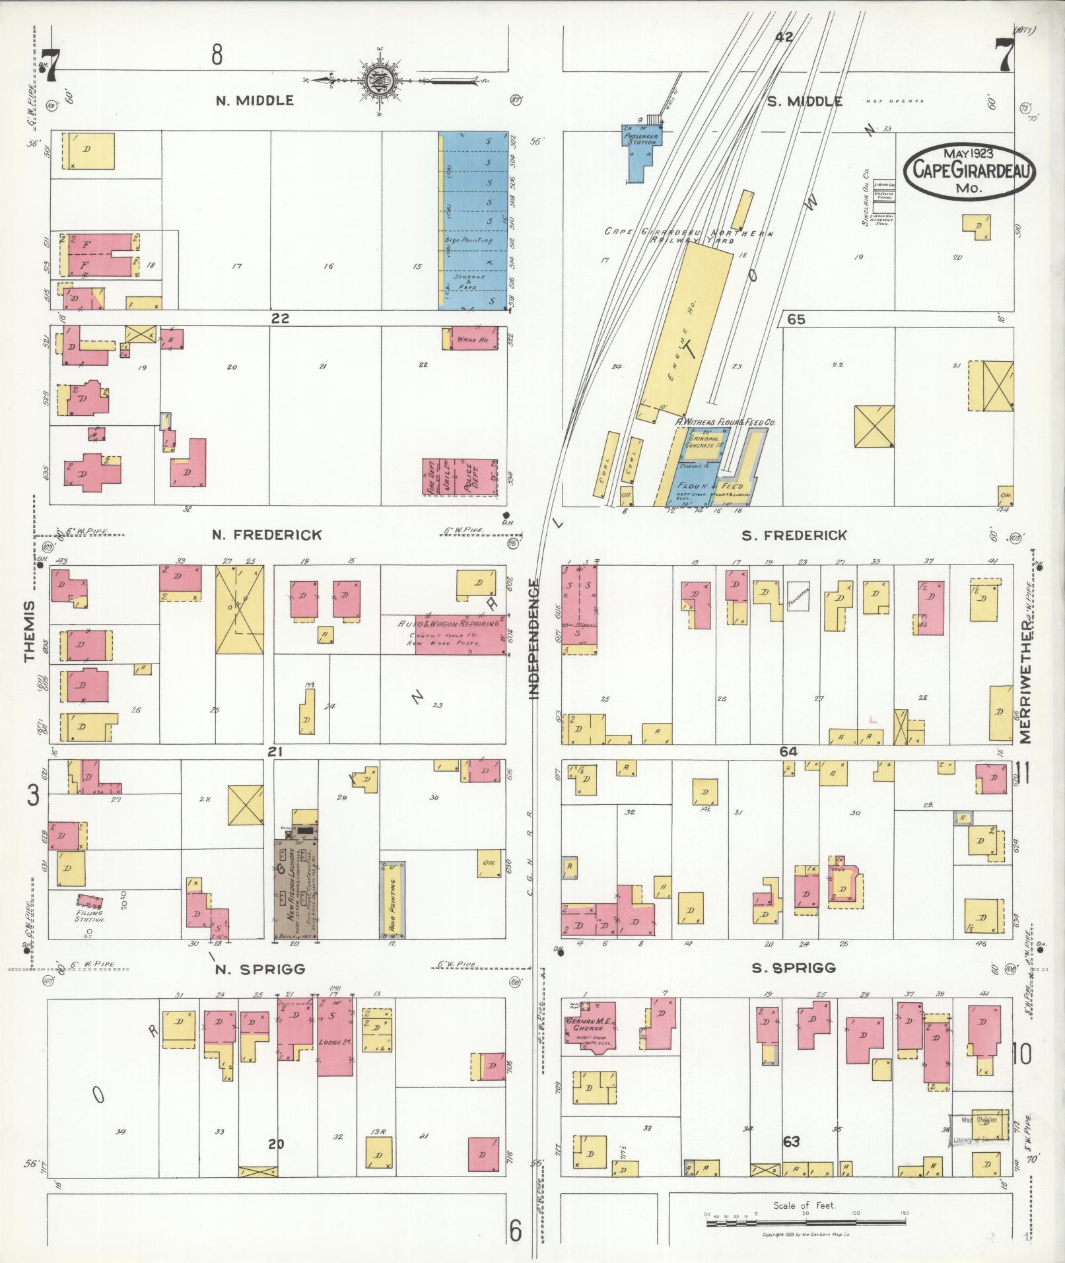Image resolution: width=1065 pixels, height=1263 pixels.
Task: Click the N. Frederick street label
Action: click(267, 535)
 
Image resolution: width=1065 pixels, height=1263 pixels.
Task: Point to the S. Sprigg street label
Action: click(793, 968)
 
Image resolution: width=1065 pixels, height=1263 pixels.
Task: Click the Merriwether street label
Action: click(1025, 680)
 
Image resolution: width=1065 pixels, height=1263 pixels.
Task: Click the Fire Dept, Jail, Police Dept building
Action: click(460, 477)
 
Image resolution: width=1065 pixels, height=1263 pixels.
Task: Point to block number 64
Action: click(788, 751)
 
